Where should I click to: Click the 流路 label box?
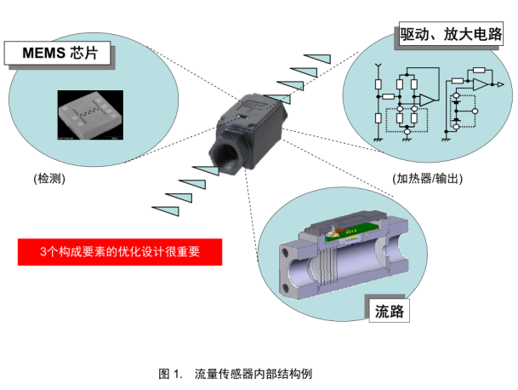click(x=388, y=312)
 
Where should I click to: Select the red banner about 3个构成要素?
click(x=120, y=252)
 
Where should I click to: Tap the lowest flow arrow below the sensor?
click(x=163, y=209)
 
